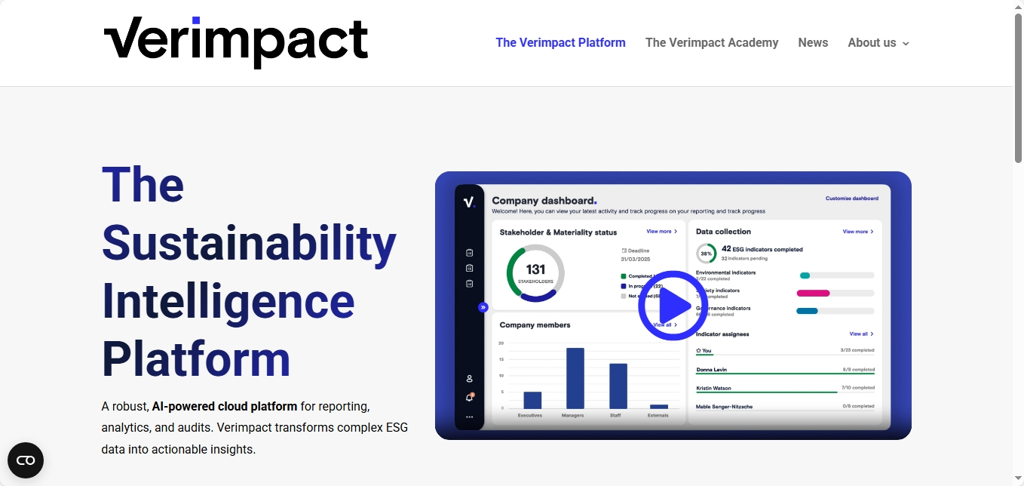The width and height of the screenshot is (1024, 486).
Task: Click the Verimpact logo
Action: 235,42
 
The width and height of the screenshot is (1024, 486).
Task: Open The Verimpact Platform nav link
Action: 560,43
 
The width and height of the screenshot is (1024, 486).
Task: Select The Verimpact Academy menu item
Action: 711,43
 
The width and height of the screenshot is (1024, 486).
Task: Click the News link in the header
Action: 813,43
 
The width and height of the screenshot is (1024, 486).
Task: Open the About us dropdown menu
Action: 878,43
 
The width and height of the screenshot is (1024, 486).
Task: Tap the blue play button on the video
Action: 673,306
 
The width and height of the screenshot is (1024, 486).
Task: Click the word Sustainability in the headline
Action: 249,243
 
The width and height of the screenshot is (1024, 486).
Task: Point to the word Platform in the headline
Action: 196,359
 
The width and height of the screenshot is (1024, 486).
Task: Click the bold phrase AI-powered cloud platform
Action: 225,406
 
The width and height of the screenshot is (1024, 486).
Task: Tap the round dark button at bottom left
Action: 26,460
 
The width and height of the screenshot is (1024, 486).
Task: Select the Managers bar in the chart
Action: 575,378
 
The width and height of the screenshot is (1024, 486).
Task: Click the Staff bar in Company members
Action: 618,386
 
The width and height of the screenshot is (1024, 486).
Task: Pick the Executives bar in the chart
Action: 532,400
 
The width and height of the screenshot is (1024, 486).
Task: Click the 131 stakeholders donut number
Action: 535,270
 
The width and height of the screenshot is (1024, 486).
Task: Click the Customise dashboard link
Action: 851,198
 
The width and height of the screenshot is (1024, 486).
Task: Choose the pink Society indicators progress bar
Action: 814,294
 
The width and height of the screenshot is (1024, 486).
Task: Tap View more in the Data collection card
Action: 857,232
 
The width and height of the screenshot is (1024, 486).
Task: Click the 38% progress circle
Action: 706,253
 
